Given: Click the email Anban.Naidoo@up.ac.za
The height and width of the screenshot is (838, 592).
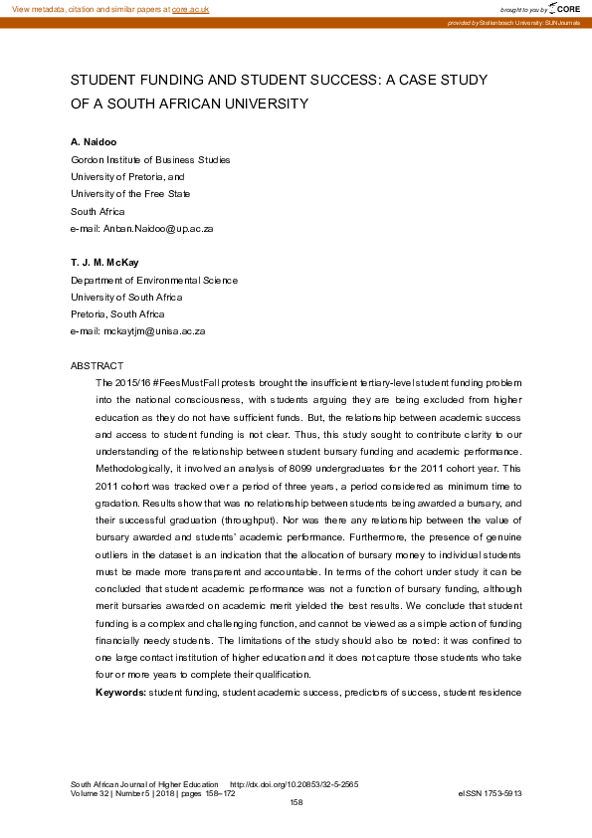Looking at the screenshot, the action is [156, 227].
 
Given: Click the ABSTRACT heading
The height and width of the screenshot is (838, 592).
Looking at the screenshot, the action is [98, 366].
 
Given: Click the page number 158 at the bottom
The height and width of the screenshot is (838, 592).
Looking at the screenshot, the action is [296, 802].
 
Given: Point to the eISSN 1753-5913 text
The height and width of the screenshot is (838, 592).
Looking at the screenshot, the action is [490, 793].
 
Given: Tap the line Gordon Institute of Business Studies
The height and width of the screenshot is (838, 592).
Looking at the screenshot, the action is [150, 159].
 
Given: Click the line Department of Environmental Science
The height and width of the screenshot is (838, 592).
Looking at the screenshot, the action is [154, 281].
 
